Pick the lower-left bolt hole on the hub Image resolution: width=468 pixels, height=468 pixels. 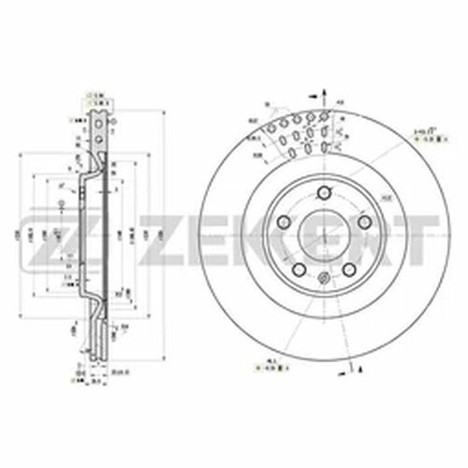(297, 268)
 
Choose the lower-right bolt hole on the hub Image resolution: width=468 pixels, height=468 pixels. (346, 268)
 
